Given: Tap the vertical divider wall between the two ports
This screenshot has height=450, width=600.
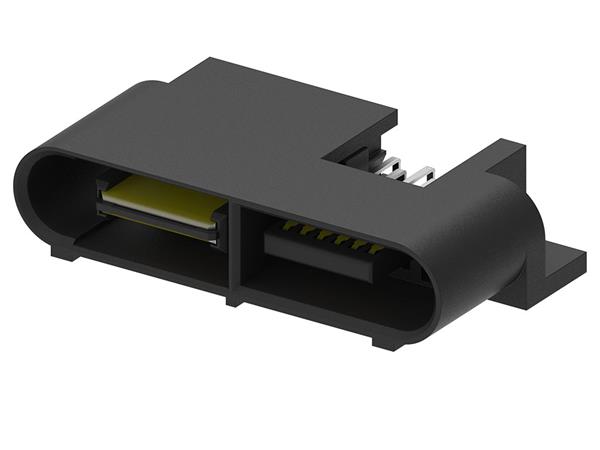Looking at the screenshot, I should (234, 250).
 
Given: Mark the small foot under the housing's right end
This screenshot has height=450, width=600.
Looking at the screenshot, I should (387, 342).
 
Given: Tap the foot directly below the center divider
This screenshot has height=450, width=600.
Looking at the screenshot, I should (234, 298).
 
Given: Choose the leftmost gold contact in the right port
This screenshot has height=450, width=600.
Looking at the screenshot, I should (287, 226).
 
